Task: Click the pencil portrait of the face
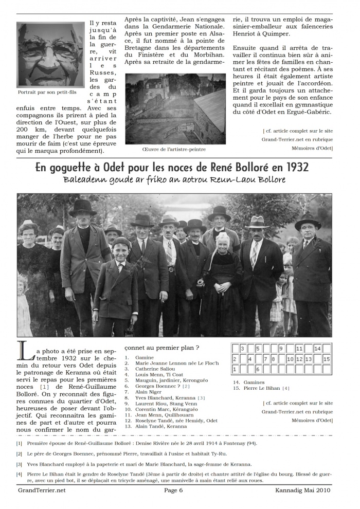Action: pyautogui.click(x=49, y=54)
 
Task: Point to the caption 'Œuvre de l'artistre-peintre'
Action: pyautogui.click(x=174, y=150)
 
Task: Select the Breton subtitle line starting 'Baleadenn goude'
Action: pyautogui.click(x=174, y=180)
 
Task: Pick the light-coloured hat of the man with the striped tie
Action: pyautogui.click(x=257, y=222)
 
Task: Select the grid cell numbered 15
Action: pyautogui.click(x=327, y=359)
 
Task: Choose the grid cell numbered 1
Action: pyautogui.click(x=236, y=369)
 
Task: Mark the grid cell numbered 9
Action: pyautogui.click(x=281, y=349)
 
